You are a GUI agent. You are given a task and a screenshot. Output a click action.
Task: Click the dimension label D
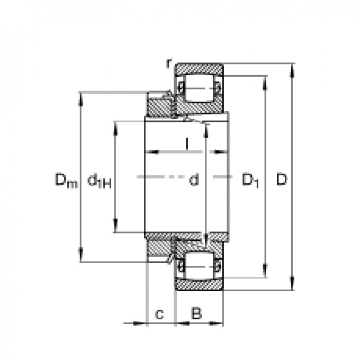282,179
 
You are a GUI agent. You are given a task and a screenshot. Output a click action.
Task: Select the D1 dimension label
250,181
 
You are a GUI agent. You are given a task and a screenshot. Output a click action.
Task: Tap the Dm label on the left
66,181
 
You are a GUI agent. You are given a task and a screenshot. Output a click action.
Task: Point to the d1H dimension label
100,182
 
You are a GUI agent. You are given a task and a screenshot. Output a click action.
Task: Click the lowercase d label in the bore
194,179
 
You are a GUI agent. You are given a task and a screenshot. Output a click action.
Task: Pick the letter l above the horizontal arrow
187,143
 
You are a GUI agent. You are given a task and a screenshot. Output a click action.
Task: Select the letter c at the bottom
159,314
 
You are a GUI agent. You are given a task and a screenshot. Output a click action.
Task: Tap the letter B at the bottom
196,313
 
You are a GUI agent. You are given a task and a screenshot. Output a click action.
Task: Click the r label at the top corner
169,63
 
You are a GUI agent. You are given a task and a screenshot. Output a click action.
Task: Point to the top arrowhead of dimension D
292,69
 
